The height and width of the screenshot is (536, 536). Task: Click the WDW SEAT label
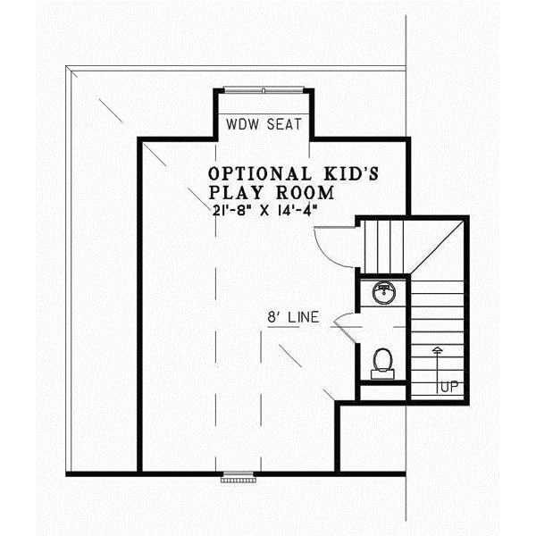262,123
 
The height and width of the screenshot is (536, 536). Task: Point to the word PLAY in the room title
233,192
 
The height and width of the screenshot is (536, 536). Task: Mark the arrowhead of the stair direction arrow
437,348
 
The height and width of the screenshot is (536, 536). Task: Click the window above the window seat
262,89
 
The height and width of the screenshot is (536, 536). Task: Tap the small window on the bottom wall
237,476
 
